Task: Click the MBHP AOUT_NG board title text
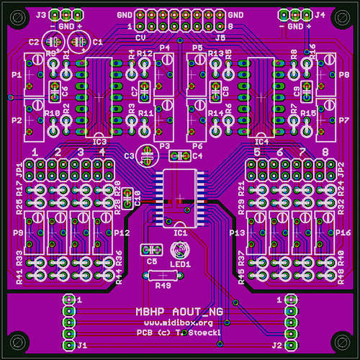pos(179,312)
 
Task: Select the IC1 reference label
pos(180,233)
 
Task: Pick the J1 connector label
pos(82,346)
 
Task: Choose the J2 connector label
pos(276,346)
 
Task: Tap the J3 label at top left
pos(41,14)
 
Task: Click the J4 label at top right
pos(319,14)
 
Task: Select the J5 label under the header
pos(220,36)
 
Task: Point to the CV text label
pos(142,36)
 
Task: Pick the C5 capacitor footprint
pos(150,250)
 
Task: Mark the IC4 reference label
pos(261,141)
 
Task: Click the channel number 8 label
pos(326,153)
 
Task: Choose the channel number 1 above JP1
pos(35,153)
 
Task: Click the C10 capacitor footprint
pos(127,197)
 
